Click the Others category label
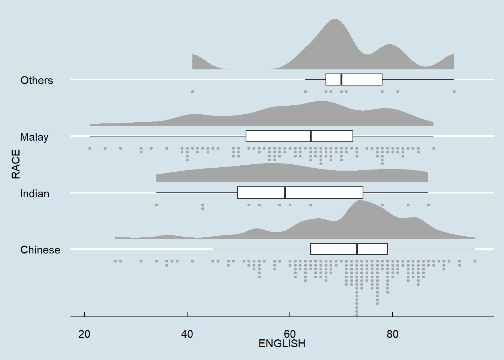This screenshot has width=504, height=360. [37, 80]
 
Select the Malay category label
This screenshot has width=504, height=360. [34, 137]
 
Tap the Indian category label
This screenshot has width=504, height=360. [34, 193]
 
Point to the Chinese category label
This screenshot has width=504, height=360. [40, 250]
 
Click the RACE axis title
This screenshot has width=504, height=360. [16, 164]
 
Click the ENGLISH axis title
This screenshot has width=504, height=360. [282, 343]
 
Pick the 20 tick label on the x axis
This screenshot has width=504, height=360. [84, 334]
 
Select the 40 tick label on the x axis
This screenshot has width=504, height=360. [187, 334]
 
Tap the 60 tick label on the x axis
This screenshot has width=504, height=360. [290, 334]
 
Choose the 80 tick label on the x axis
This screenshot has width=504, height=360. [393, 334]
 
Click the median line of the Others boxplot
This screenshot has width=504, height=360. [341, 79]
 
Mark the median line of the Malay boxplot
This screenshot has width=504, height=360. [311, 136]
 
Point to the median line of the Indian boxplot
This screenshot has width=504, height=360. [285, 192]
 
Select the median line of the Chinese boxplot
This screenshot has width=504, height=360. [357, 249]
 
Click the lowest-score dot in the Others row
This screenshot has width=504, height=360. [192, 91]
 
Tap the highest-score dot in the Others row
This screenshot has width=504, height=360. [454, 91]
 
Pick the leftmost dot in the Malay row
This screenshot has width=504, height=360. [90, 148]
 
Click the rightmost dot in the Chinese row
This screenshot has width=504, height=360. [475, 261]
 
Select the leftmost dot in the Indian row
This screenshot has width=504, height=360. [156, 205]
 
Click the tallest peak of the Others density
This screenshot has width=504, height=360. [334, 19]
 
